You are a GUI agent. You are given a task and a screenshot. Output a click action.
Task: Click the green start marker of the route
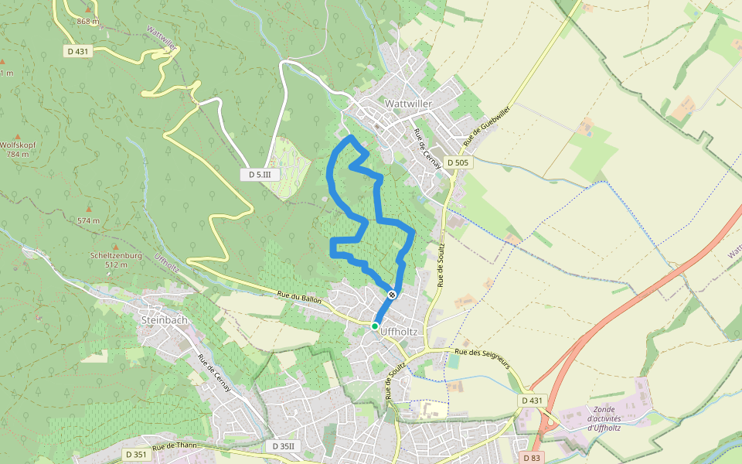375,326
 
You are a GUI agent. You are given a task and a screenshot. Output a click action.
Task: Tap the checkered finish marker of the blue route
393,295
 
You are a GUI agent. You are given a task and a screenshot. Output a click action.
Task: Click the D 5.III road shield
260,175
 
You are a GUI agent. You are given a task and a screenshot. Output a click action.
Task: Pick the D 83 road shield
531,458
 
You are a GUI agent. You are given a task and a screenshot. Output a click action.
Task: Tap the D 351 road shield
134,454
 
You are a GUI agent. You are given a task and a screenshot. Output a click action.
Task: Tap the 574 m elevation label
89,221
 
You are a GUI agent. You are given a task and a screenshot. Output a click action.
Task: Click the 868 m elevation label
88,21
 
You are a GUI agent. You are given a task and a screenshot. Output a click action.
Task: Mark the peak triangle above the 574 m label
90,207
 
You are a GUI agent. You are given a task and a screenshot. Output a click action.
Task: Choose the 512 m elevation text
115,264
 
